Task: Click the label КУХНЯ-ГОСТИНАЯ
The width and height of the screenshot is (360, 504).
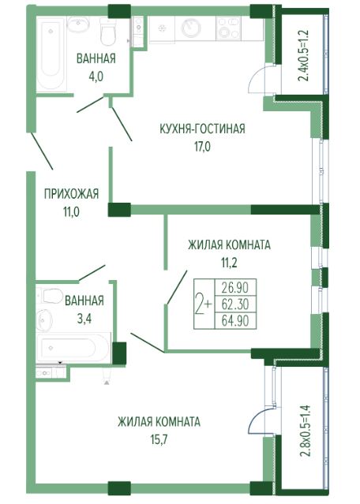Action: [202, 129]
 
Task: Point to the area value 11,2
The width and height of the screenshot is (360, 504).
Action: [229, 261]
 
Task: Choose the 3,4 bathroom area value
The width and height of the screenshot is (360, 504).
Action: [84, 316]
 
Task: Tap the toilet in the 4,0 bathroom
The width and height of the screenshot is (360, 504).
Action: [109, 32]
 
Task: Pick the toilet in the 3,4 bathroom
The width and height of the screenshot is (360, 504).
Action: [51, 297]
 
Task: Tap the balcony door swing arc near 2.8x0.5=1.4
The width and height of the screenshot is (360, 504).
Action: [259, 423]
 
